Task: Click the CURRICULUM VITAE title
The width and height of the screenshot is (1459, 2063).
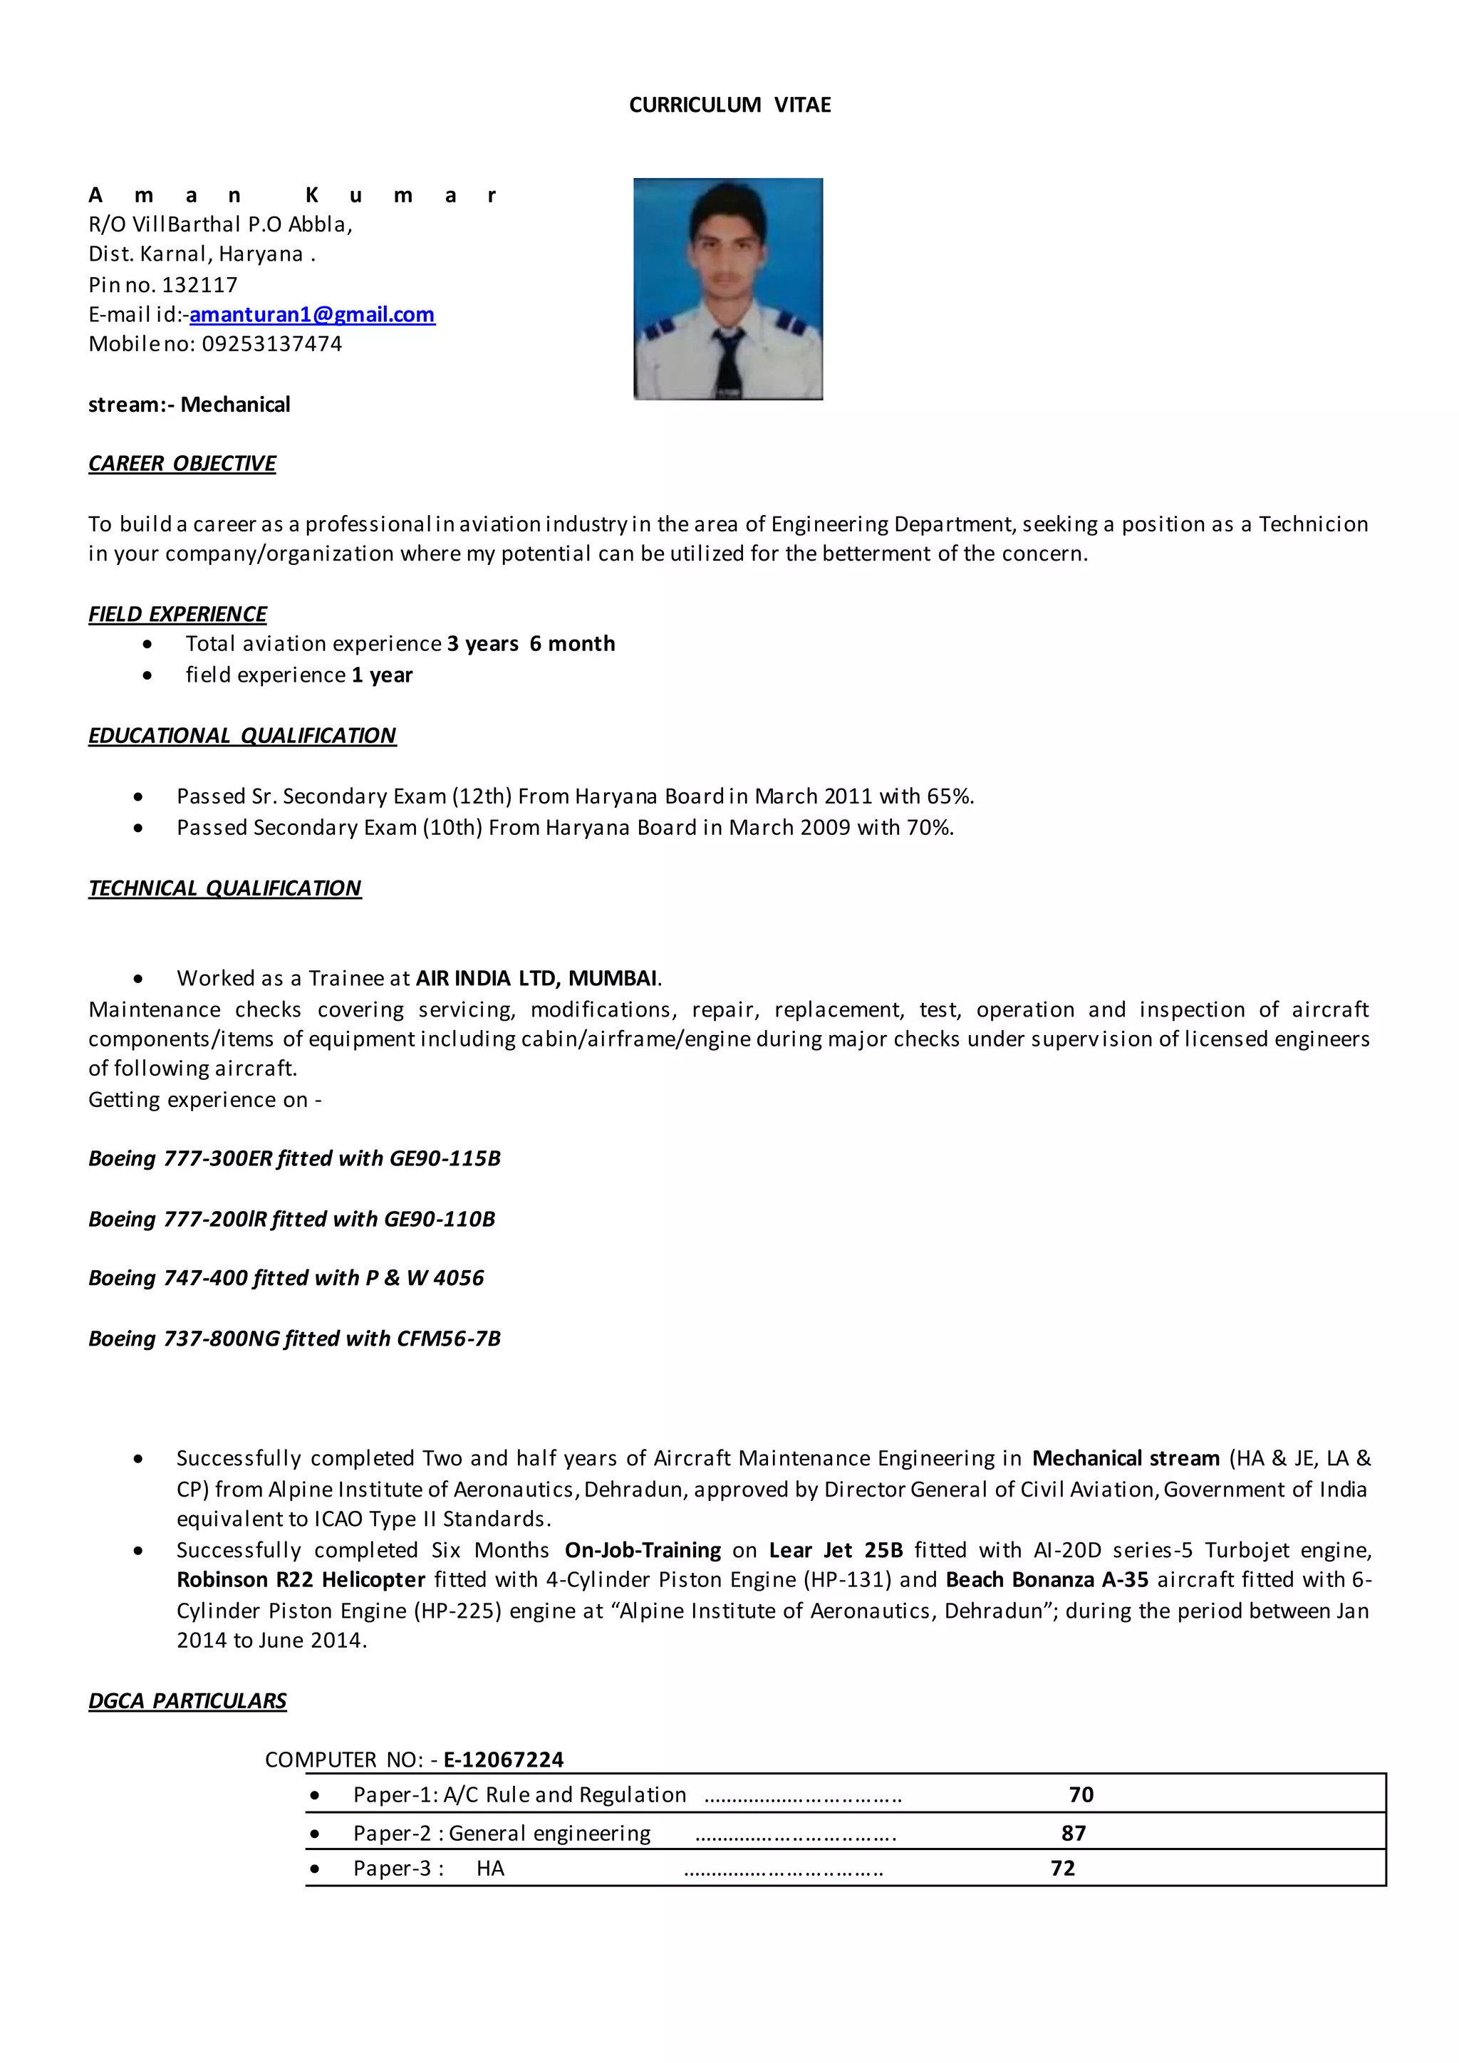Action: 729,105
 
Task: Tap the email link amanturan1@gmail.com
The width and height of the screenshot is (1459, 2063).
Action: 312,314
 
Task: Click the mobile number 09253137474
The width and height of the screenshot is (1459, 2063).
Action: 271,344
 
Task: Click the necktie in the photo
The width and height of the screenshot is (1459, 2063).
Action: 727,363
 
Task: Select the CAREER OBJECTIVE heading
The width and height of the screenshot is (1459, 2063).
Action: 182,464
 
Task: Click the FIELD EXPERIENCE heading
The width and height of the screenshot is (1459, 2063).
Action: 177,615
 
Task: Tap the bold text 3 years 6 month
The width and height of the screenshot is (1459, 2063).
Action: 530,644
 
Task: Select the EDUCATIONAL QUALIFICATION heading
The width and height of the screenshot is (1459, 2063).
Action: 242,736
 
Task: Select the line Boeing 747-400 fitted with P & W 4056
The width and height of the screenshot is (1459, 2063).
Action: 286,1278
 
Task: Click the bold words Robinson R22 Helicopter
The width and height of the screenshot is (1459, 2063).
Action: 301,1579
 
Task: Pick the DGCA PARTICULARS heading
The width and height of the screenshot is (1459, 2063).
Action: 187,1701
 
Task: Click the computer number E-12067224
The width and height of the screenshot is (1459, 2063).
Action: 503,1760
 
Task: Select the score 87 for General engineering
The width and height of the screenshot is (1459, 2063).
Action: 1073,1833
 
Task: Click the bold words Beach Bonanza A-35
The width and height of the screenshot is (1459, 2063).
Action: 1047,1579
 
